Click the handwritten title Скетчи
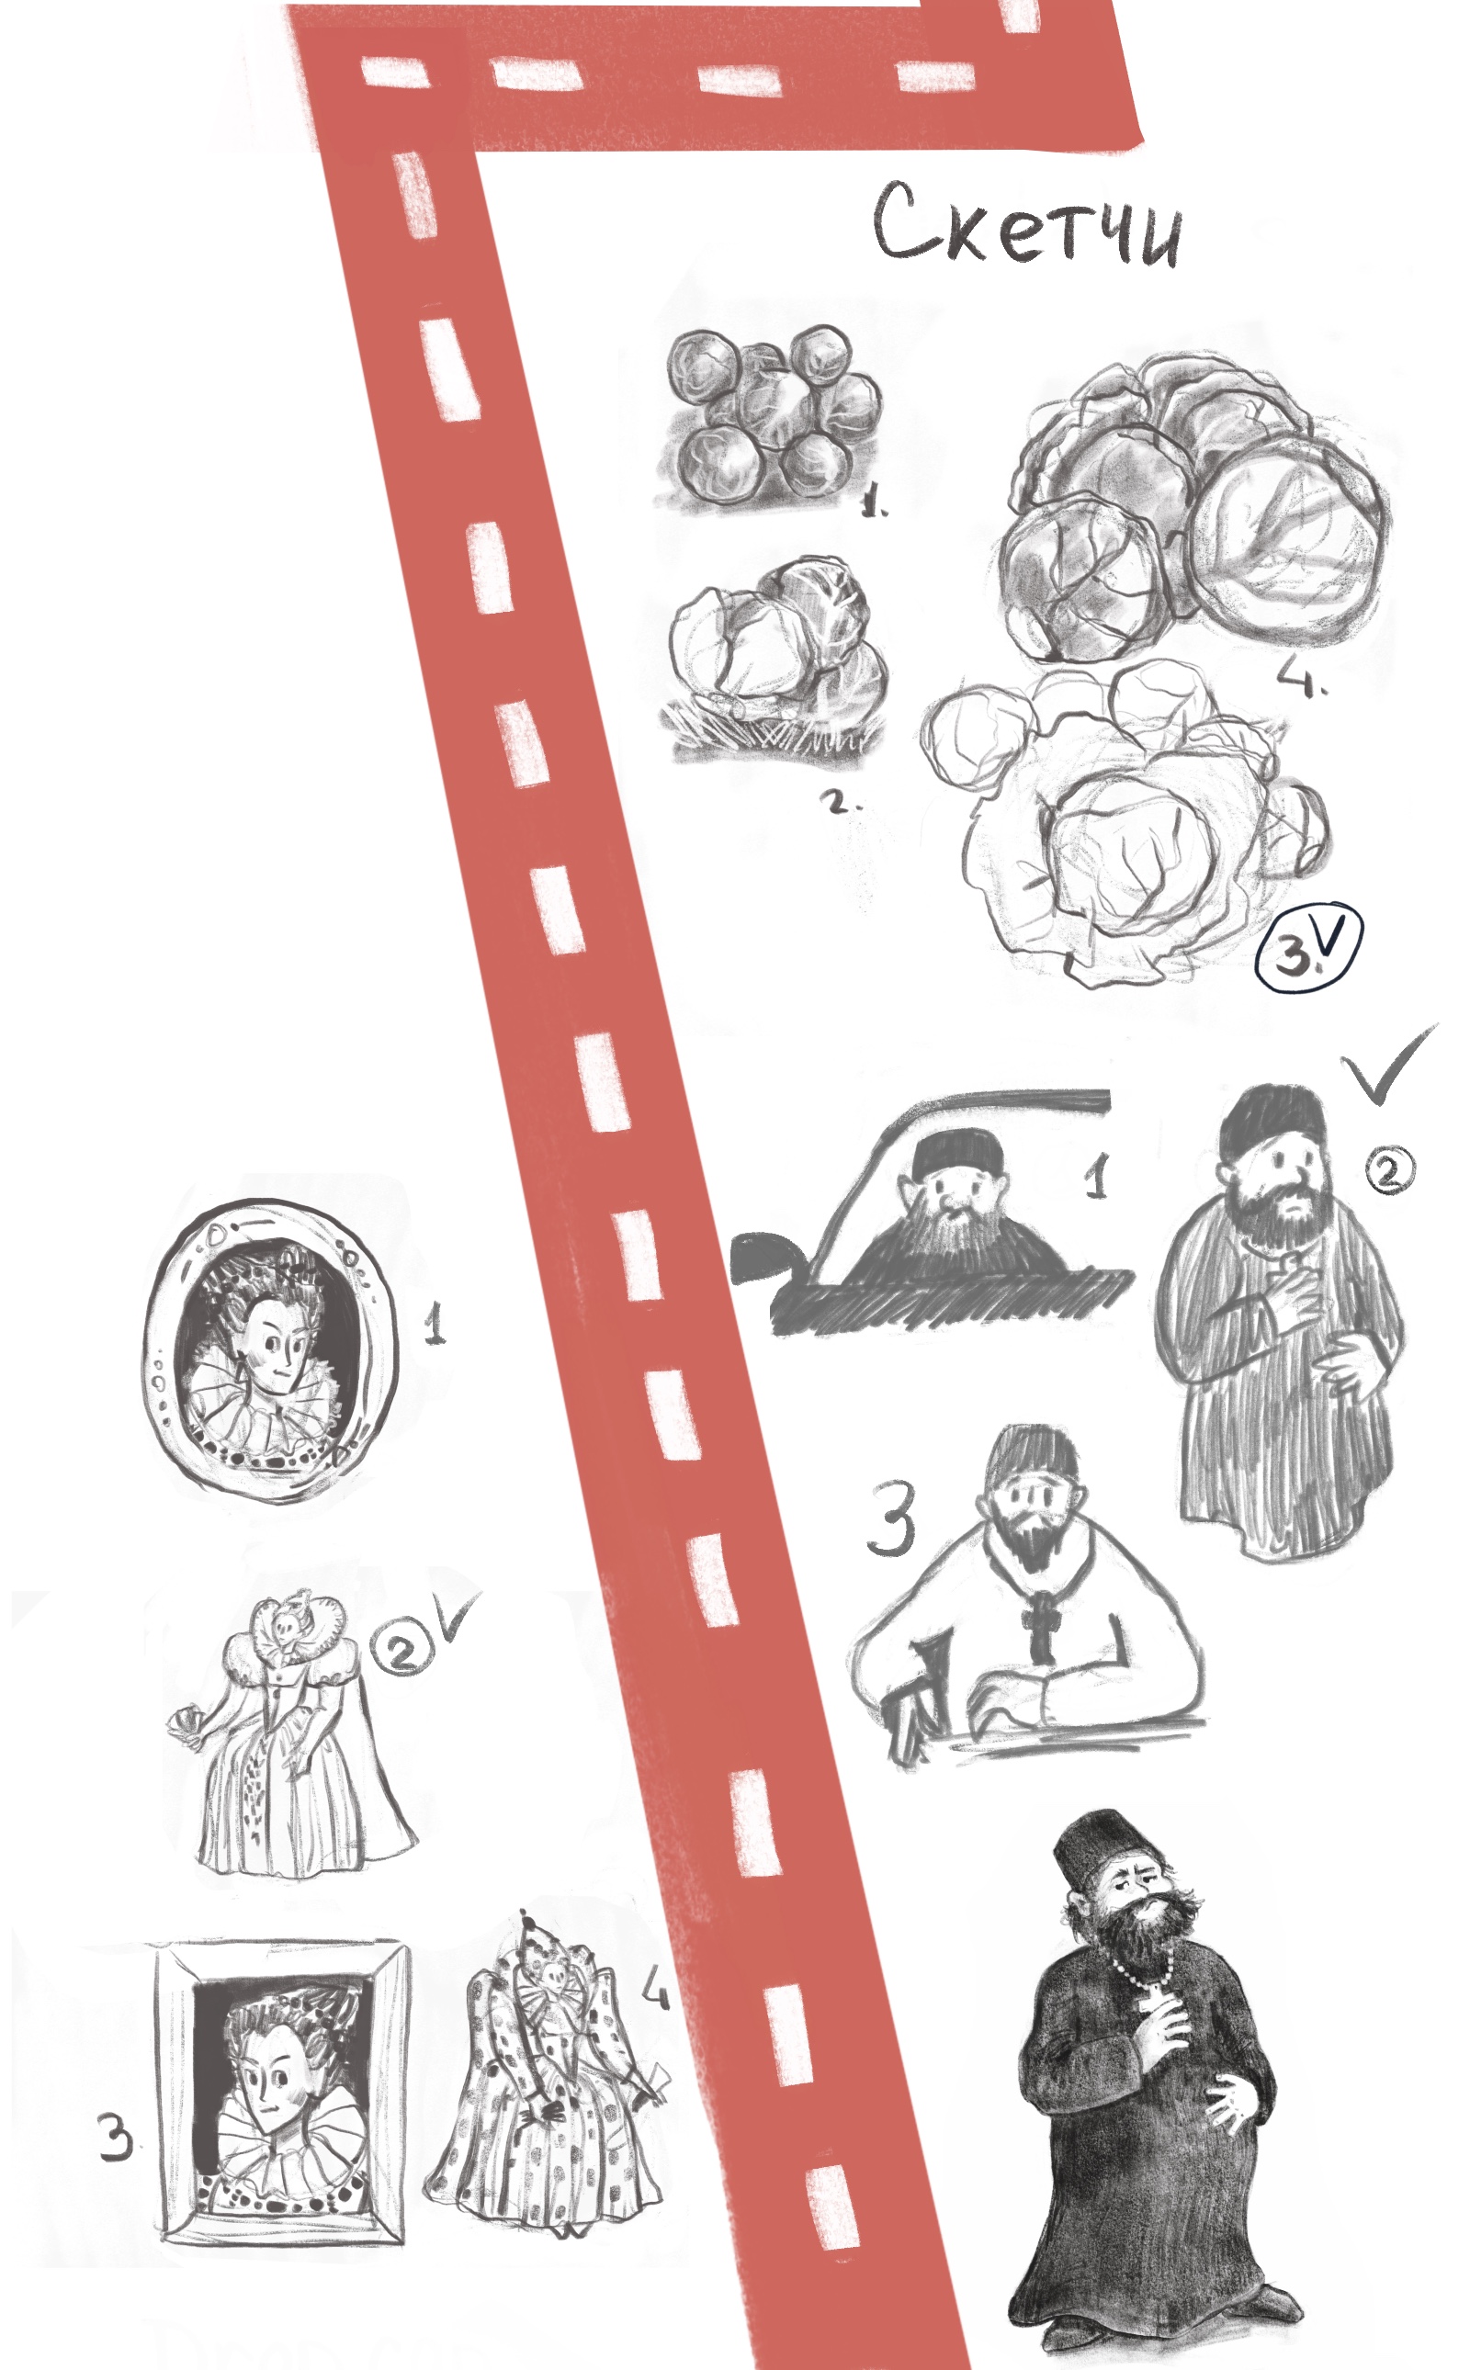1028,226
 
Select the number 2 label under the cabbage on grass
838,803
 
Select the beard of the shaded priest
1151,1935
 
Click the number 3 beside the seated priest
890,1518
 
